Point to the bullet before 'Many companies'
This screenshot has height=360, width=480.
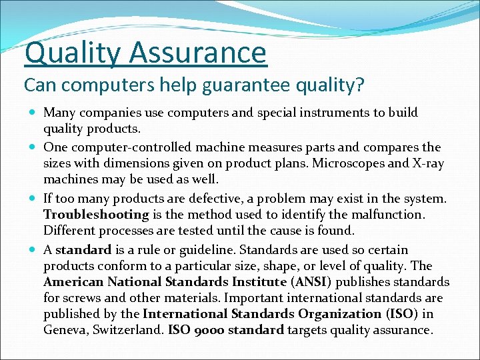point(33,113)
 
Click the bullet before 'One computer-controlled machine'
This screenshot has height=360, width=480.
point(33,147)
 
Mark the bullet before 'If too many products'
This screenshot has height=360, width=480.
point(33,199)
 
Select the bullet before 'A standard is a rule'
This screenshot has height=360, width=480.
point(33,250)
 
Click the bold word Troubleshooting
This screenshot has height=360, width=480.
point(96,215)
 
